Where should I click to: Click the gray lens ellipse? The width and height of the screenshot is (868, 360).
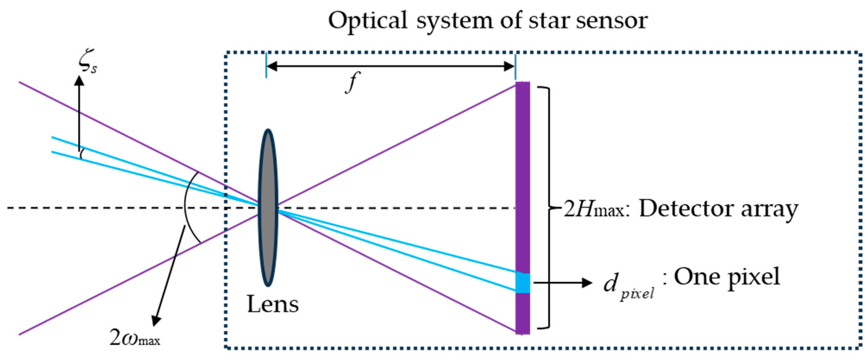[268, 208]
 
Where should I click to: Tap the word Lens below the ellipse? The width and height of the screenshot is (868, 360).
[273, 304]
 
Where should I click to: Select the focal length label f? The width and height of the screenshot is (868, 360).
[351, 82]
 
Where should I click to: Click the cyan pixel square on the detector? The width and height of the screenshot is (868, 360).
[523, 283]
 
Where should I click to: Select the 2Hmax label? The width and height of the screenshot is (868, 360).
[593, 209]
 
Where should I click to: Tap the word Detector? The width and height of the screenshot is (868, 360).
[686, 209]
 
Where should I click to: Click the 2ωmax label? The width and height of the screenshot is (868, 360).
[134, 337]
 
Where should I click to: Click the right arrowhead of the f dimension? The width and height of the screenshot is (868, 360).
[509, 66]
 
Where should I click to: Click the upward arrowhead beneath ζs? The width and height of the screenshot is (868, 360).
[79, 81]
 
